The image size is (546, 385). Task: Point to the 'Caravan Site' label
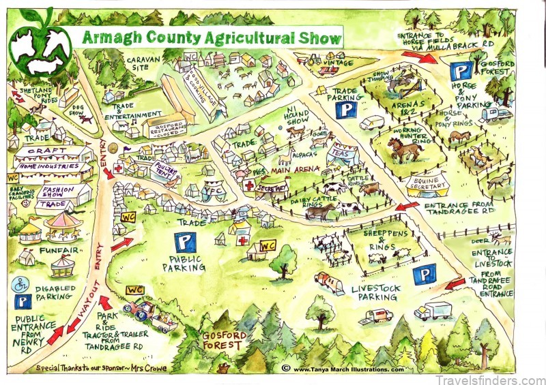[143, 64]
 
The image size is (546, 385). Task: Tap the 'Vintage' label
[341, 62]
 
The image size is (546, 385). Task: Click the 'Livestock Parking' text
[375, 293]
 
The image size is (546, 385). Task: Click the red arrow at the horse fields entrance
[427, 58]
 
